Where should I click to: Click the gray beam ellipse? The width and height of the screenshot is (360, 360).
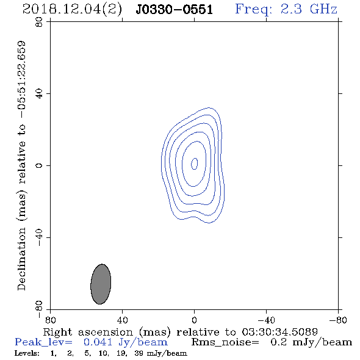pyautogui.click(x=101, y=284)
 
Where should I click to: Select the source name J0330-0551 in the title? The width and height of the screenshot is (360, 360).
pyautogui.click(x=175, y=10)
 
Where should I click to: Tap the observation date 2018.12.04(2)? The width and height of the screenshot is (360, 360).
pyautogui.click(x=72, y=10)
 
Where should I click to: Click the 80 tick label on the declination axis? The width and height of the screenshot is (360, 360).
pyautogui.click(x=39, y=22)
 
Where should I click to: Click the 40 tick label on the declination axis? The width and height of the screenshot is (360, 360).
pyautogui.click(x=39, y=94)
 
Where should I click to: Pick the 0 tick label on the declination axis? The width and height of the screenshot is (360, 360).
pyautogui.click(x=39, y=165)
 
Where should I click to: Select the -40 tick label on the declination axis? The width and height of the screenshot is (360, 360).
pyautogui.click(x=39, y=237)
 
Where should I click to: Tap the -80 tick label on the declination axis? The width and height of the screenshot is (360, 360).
pyautogui.click(x=39, y=309)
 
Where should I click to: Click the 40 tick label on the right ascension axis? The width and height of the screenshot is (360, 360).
pyautogui.click(x=122, y=320)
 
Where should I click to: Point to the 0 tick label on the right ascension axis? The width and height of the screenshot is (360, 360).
pyautogui.click(x=194, y=320)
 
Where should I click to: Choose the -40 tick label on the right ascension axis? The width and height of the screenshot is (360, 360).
pyautogui.click(x=266, y=320)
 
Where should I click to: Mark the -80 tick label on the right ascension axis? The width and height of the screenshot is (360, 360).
pyautogui.click(x=338, y=320)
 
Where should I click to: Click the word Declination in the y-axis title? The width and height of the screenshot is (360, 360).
pyautogui.click(x=21, y=259)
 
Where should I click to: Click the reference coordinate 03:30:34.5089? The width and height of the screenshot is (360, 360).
pyautogui.click(x=279, y=332)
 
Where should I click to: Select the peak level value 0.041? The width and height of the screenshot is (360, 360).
pyautogui.click(x=98, y=342)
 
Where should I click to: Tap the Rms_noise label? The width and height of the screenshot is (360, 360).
pyautogui.click(x=225, y=342)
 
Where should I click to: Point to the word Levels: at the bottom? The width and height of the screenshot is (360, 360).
pyautogui.click(x=27, y=353)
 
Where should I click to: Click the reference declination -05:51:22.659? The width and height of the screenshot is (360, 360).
pyautogui.click(x=21, y=79)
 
